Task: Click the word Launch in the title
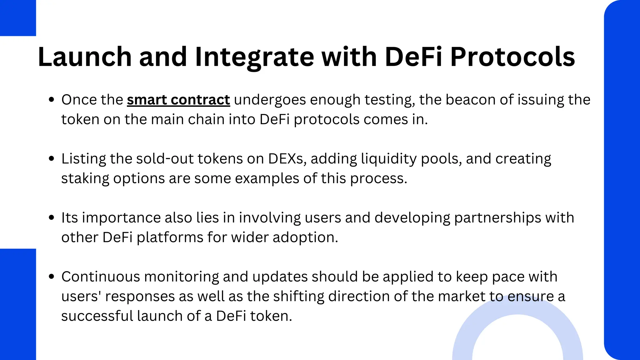[x=85, y=57]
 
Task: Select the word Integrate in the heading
[x=254, y=57]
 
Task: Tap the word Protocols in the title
[x=512, y=57]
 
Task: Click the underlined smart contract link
[x=178, y=100]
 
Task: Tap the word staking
[x=85, y=179]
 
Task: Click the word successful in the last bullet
[x=97, y=316]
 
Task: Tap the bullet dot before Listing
[x=52, y=159]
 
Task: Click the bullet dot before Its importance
[x=52, y=218]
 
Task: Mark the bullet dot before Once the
[x=52, y=100]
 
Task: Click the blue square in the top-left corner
[x=18, y=18]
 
